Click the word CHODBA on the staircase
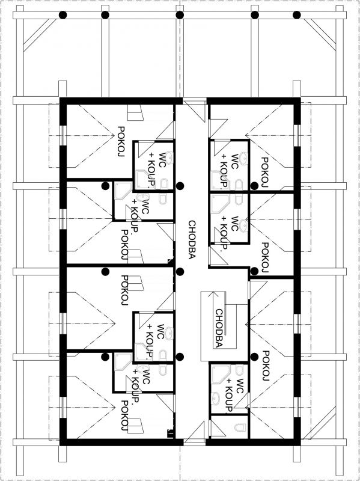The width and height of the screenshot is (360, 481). [219, 328]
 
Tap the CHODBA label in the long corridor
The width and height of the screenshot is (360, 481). [192, 240]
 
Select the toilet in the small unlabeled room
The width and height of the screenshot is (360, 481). [239, 427]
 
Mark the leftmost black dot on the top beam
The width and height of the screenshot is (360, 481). [63, 14]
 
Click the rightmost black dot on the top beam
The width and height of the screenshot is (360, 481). [296, 14]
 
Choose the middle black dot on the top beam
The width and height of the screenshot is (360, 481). [180, 14]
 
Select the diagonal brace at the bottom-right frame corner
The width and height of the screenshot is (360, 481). [319, 424]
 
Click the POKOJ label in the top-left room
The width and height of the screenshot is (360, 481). [121, 141]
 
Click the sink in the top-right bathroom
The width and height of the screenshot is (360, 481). [244, 158]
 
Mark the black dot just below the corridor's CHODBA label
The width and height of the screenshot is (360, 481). [180, 271]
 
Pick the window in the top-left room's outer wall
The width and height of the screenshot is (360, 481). [63, 135]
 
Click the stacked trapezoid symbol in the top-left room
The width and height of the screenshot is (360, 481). [135, 112]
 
